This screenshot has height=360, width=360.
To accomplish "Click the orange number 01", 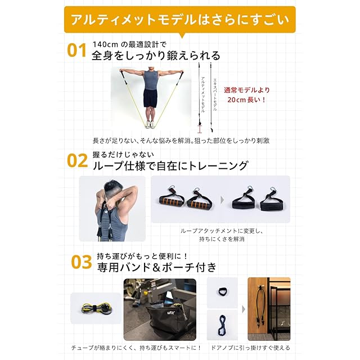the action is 76,50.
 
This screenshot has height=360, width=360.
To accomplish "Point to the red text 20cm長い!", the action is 246,100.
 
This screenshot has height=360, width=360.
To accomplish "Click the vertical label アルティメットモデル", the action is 203,94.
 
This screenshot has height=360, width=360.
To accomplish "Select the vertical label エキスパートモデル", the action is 215,94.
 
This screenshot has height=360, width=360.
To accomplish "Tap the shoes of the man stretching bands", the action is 150,125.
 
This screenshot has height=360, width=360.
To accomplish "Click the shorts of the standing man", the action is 150,98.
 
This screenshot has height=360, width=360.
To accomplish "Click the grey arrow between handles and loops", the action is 222,200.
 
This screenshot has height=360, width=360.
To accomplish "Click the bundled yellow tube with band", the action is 96,308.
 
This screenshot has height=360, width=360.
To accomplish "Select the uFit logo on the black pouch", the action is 169,312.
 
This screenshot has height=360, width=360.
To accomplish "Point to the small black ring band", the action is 222,292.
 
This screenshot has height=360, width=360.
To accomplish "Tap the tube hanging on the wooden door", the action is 260,306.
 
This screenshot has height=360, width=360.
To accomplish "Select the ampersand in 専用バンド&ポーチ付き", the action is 156,268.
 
